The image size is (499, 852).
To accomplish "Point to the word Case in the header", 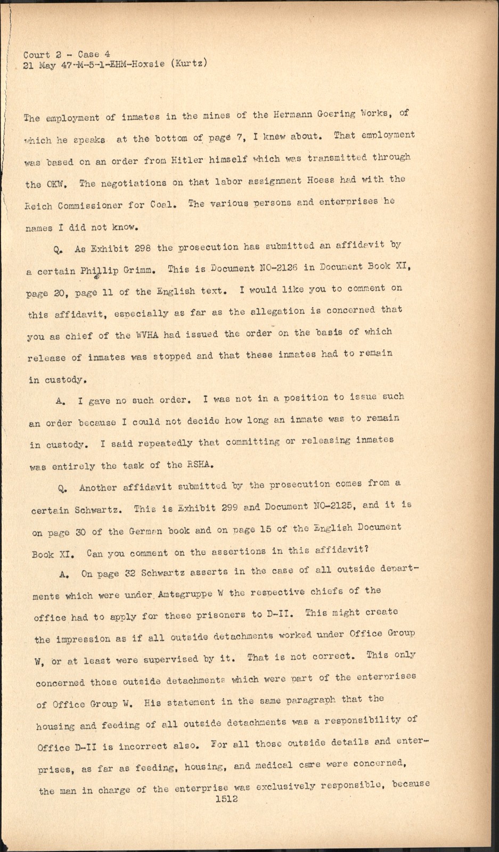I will (92, 54).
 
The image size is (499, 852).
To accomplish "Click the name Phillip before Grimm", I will (99, 271).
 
